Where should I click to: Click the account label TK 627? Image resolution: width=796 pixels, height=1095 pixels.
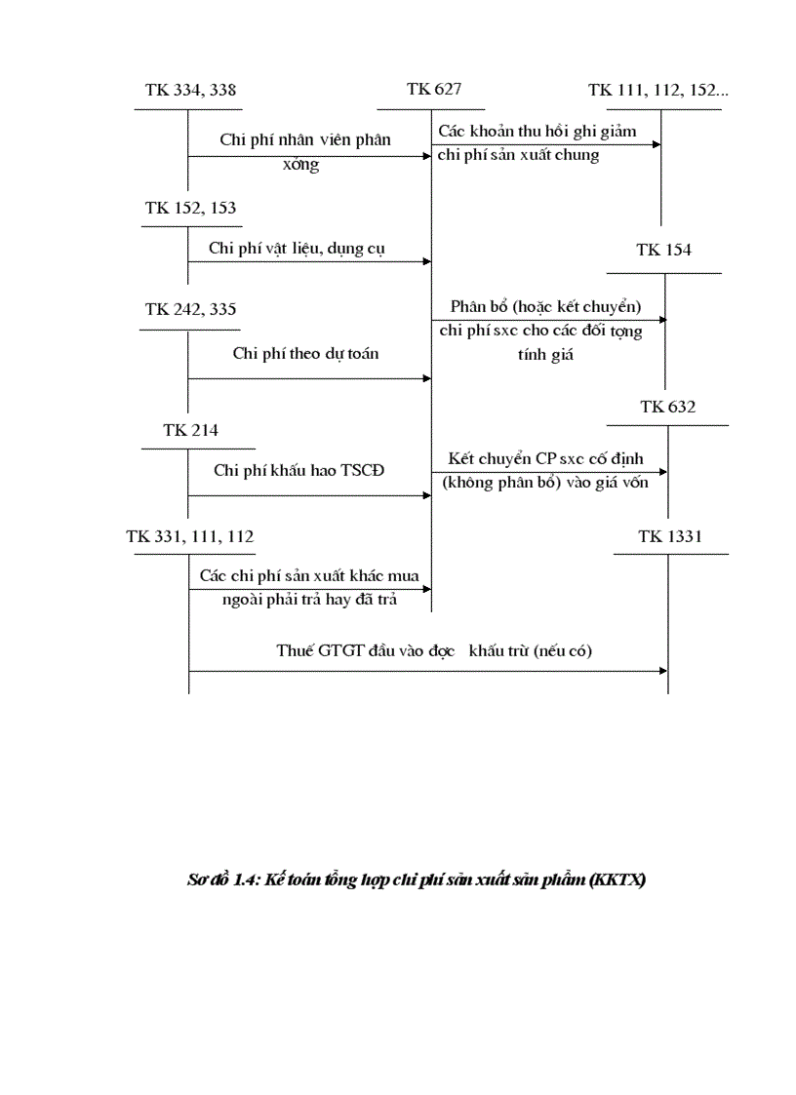coord(434,90)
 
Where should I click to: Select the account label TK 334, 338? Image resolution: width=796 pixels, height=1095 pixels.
coord(190,91)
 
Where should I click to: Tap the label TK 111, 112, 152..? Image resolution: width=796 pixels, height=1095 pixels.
coord(658,91)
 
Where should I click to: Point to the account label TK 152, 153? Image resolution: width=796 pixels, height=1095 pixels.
coord(190,208)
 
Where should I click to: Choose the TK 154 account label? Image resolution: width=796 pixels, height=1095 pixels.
coord(664,250)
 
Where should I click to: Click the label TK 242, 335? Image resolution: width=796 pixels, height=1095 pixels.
coord(190,309)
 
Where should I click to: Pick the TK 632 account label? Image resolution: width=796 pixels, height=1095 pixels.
coord(668,407)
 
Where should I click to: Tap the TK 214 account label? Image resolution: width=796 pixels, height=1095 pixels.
coord(191,430)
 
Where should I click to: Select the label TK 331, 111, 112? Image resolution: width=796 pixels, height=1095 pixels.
coord(190,535)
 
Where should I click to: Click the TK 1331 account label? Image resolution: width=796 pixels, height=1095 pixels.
coord(670,535)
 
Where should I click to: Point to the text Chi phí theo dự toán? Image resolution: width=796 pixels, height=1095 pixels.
coord(305,353)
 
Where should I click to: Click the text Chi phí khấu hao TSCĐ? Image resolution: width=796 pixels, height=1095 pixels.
coord(299,470)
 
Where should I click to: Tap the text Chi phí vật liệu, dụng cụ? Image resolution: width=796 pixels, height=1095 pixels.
coord(297,248)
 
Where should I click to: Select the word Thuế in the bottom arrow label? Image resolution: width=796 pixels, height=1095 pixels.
coord(294,651)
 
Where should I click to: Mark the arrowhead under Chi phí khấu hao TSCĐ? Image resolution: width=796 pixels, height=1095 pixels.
coord(426,495)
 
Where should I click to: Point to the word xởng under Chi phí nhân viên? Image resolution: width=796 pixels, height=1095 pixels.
coord(300,165)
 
